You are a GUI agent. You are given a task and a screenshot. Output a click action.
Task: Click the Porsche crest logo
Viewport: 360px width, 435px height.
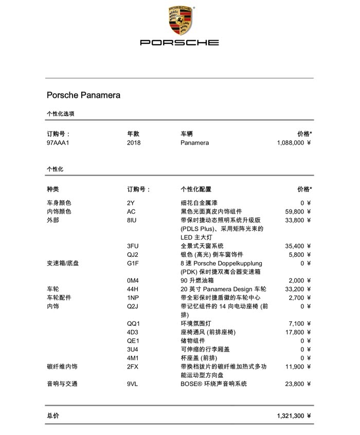coord(179,21)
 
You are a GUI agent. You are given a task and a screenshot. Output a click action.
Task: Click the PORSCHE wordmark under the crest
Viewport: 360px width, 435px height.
coord(179,43)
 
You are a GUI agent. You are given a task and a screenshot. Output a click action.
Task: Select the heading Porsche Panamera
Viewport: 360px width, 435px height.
coord(83,95)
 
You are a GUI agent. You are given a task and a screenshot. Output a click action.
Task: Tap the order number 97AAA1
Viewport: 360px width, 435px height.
coord(58,143)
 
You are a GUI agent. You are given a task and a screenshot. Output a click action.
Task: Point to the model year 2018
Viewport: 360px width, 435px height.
coord(133,143)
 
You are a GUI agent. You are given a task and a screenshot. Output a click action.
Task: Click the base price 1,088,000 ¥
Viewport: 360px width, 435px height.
coord(294,143)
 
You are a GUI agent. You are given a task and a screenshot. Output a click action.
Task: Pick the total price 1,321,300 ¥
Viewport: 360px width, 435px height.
coord(294,416)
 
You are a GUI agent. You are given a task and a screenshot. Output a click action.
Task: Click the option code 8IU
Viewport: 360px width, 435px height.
coord(132,220)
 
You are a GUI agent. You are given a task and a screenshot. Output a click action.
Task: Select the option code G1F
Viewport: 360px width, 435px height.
coord(133,263)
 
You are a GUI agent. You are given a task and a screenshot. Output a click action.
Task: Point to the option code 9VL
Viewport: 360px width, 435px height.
coord(133,384)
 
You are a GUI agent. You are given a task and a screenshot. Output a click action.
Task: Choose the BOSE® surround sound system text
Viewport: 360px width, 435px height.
coord(213,384)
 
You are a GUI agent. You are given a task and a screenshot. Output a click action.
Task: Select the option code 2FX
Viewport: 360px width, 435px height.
coord(133,367)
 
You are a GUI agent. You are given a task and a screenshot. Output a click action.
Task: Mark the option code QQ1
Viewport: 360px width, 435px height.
coord(133,323)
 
